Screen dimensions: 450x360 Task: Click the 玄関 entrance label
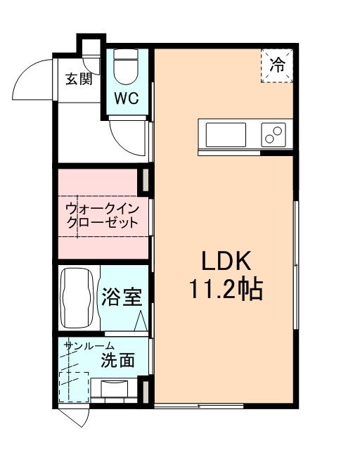tap(79, 79)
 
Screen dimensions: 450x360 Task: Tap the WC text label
tap(127, 96)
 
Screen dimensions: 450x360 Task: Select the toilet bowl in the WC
tap(127, 67)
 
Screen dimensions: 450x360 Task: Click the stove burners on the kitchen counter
tap(274, 134)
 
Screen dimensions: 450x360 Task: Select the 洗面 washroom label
tap(117, 361)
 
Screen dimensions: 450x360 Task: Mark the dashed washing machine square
tap(74, 385)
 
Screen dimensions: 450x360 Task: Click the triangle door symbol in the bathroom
tap(141, 321)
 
